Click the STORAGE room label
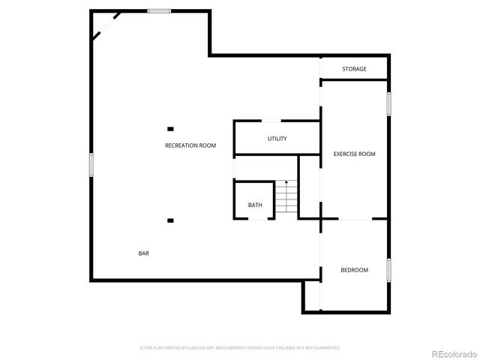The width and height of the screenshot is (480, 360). [x=355, y=69]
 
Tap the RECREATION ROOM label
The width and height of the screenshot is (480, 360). [x=190, y=145]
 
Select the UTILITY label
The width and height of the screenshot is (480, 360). [x=277, y=139]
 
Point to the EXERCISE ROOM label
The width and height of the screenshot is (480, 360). [x=354, y=154]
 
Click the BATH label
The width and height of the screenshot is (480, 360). [x=255, y=205]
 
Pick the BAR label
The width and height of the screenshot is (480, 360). [x=143, y=253]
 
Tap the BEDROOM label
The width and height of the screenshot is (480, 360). [x=354, y=270]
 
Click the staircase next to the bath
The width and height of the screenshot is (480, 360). [x=286, y=198]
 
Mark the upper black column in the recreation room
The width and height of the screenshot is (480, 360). [x=171, y=129]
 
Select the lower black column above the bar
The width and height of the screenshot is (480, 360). [x=171, y=220]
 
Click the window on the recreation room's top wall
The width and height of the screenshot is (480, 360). [x=158, y=10]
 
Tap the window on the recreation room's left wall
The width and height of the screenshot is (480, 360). [x=91, y=164]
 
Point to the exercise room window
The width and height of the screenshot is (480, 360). [x=389, y=103]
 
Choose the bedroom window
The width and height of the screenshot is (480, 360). [x=389, y=270]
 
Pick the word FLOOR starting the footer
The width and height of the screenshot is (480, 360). [x=146, y=348]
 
